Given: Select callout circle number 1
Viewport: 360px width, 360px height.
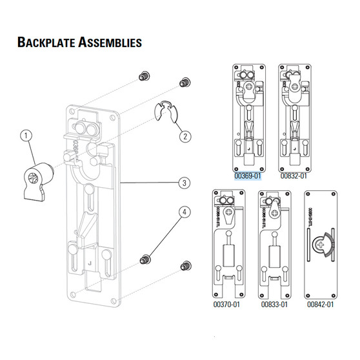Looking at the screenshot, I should [26, 136].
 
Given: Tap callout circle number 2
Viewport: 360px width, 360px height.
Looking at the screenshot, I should [185, 136].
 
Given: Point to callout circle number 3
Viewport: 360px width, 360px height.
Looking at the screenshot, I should [185, 183].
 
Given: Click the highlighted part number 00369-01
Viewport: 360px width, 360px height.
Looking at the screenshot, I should [248, 175].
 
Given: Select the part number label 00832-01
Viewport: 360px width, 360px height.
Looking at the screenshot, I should [294, 175].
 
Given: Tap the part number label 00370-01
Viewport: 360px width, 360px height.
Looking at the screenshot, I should [226, 303].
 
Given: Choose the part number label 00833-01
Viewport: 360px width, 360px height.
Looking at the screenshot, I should [273, 303].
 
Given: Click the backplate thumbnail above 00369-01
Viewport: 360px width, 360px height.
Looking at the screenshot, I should [248, 117].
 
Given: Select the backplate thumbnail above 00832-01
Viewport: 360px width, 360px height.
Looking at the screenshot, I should [294, 117].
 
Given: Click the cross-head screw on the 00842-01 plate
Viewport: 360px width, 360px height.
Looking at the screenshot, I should [321, 244].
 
